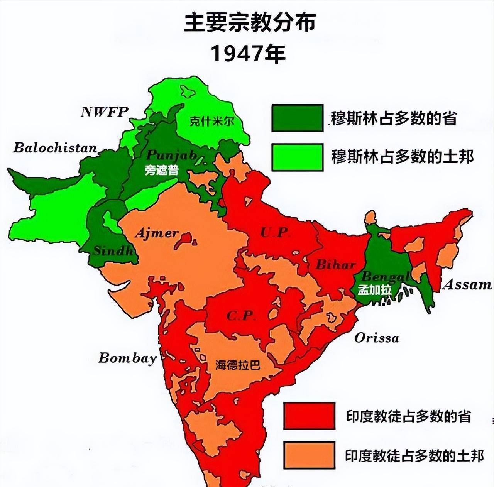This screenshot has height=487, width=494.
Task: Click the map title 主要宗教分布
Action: pos(250,23)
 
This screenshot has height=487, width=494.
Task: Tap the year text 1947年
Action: pos(248,53)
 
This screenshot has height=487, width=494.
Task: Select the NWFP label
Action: pos(104,112)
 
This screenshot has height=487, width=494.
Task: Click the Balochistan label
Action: pos(55,148)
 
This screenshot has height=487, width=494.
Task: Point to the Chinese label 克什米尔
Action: pos(212,121)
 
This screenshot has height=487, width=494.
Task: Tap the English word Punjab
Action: pos(172,155)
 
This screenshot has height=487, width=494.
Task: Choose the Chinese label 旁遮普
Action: pos(162,170)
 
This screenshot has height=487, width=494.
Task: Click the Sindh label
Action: pos(113,251)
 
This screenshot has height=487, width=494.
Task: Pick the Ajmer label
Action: pos(156,233)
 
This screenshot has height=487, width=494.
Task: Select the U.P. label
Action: pos(275,232)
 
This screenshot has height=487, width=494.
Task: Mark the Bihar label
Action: pos(335,265)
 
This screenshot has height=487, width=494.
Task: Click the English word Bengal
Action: pos(385,277)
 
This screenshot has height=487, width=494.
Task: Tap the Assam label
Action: pos(467,285)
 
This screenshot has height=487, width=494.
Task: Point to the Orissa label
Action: pos(376,338)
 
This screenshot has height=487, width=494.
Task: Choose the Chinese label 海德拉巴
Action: pos(238,365)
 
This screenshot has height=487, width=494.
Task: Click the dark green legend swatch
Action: pos(297,118)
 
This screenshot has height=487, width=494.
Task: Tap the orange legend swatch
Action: pos(309,455)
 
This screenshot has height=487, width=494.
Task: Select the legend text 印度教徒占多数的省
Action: pos(408,416)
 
